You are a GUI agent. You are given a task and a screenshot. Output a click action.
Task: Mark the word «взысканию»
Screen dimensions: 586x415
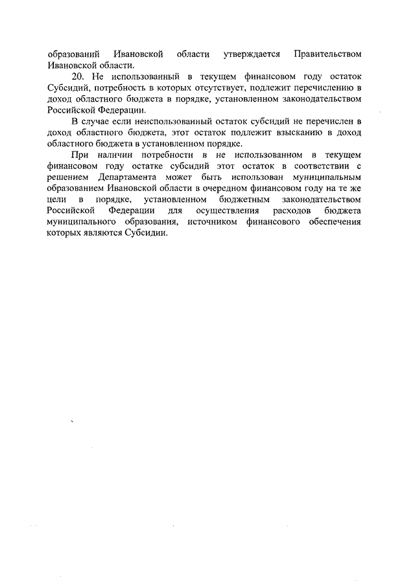291,133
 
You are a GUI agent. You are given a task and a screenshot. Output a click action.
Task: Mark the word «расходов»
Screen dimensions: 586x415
293,210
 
